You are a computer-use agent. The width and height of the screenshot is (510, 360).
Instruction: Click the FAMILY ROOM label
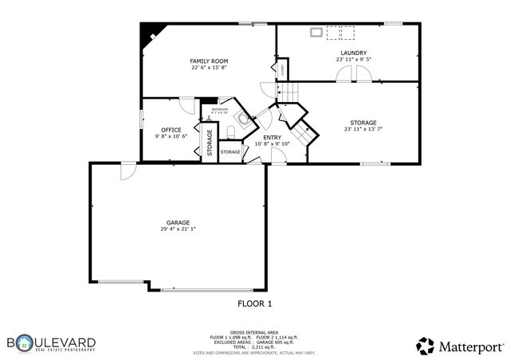[x=209, y=61]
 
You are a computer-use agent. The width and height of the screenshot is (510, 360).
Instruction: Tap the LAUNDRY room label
[x=353, y=53]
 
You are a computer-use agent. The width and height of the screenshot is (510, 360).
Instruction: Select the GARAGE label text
[x=177, y=222]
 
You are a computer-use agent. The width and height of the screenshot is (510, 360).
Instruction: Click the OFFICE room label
[x=171, y=129]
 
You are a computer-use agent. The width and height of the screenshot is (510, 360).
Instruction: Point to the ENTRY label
[x=273, y=138]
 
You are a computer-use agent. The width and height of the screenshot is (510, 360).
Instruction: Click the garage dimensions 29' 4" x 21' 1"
[x=177, y=229]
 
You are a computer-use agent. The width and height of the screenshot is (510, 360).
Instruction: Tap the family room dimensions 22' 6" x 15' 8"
[x=209, y=68]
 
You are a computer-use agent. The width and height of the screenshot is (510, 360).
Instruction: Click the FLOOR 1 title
[x=255, y=303]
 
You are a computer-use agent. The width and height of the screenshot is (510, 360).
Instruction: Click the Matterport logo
[x=460, y=346]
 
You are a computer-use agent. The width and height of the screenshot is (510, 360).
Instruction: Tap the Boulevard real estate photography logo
[x=52, y=342]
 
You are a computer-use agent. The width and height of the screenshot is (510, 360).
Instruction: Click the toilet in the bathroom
[x=230, y=131]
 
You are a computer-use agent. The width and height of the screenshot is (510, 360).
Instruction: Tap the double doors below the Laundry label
[x=352, y=75]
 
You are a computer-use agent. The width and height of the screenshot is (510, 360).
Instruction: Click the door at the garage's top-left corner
[x=127, y=170]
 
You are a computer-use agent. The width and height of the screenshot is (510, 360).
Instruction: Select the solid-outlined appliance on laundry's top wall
[x=316, y=32]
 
